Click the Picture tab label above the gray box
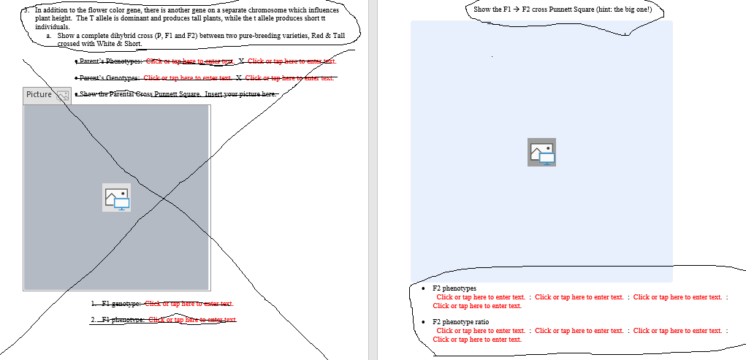pos(39,95)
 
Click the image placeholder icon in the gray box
pos(117,198)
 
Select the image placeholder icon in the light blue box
pos(541,152)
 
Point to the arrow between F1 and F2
pos(516,9)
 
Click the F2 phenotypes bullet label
pos(454,288)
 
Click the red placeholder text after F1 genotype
pos(189,303)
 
